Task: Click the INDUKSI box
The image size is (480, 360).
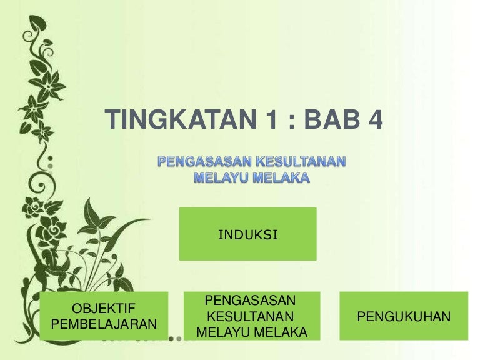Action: click(x=247, y=234)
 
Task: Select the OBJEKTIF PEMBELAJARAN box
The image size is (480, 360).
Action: click(x=104, y=316)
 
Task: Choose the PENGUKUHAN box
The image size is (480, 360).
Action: click(x=403, y=316)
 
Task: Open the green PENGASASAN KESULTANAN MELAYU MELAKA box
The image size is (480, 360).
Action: click(x=251, y=316)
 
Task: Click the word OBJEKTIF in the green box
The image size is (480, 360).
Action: click(x=104, y=308)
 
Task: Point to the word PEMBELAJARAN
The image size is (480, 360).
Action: click(x=104, y=324)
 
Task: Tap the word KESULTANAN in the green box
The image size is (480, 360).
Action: click(x=251, y=316)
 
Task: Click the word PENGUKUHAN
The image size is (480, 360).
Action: click(x=403, y=317)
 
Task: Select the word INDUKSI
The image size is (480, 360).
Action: click(x=247, y=235)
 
